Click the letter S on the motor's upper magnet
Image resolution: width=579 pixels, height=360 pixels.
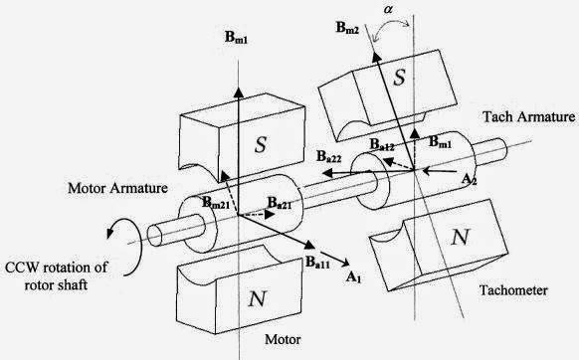(261, 144)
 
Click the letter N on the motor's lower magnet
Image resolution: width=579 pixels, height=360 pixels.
(257, 298)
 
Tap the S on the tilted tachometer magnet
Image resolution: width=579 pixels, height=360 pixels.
(399, 78)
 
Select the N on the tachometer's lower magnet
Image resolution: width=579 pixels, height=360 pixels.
(460, 237)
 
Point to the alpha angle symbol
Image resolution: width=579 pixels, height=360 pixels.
(388, 9)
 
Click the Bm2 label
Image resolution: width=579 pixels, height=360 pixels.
(347, 28)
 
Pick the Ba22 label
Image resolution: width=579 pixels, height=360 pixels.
(329, 157)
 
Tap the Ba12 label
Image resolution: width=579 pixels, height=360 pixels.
(382, 144)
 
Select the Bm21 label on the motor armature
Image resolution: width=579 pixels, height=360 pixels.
(216, 203)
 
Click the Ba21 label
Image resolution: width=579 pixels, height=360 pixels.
(280, 203)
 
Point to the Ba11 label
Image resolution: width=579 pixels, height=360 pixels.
(317, 263)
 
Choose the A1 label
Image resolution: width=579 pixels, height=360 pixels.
(353, 276)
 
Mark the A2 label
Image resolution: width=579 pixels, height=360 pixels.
(470, 180)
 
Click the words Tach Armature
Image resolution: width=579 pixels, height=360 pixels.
(529, 117)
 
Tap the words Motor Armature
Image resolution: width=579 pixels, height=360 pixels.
(117, 188)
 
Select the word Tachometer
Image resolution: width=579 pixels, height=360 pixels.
(513, 290)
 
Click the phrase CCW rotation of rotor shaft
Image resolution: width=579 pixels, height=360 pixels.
(56, 275)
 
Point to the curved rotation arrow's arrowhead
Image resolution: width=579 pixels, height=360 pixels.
(110, 233)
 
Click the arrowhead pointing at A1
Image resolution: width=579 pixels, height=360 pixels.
(345, 263)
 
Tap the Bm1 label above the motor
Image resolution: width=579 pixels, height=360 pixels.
(237, 38)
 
